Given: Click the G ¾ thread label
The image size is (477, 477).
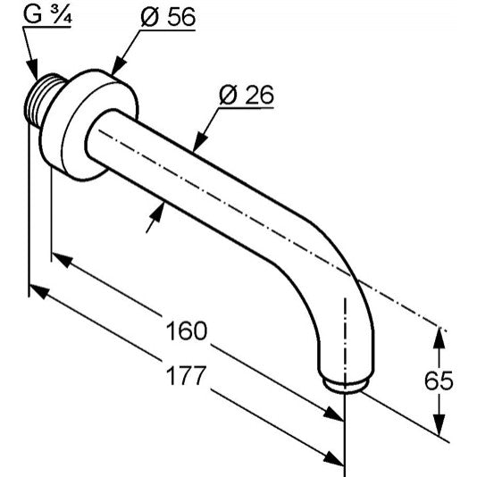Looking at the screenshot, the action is (47, 14).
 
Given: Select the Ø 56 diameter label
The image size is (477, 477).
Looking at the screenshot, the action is (168, 17).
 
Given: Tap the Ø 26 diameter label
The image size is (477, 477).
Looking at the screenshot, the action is (247, 95).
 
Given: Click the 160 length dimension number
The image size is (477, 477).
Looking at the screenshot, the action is (187, 331).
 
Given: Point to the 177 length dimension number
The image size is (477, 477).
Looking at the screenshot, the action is (186, 375).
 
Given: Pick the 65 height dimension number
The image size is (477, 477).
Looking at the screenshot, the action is (439, 381).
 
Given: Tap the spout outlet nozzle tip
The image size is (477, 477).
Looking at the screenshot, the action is (346, 385).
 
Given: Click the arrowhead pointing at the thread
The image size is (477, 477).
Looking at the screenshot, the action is (32, 70).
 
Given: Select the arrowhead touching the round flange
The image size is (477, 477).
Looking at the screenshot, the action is (120, 66).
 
